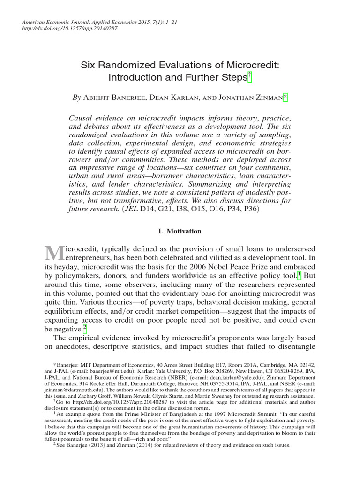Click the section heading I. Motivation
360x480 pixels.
click(x=180, y=231)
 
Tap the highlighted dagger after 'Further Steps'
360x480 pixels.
click(x=249, y=77)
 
